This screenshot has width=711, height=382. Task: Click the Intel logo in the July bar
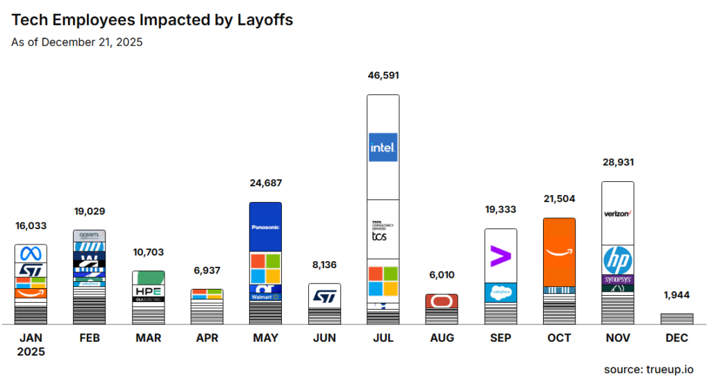(x=383, y=147)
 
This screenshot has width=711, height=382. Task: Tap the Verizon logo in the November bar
(x=617, y=213)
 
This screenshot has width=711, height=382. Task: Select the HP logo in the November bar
(x=617, y=260)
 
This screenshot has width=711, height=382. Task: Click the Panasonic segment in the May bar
(x=265, y=227)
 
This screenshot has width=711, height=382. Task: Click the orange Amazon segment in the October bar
(x=559, y=251)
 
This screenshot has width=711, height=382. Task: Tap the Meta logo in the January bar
(x=31, y=253)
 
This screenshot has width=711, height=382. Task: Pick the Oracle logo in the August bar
(x=442, y=301)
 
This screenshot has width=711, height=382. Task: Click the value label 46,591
(x=383, y=76)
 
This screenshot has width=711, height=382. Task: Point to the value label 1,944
(x=676, y=294)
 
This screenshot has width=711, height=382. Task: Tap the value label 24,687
(x=266, y=183)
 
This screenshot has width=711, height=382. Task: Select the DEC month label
(x=676, y=338)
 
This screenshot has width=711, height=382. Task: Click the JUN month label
(x=324, y=338)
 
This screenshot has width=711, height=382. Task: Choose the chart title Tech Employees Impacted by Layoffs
(x=152, y=20)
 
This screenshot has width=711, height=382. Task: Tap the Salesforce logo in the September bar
(x=500, y=292)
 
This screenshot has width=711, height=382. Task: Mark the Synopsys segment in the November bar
(x=617, y=279)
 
